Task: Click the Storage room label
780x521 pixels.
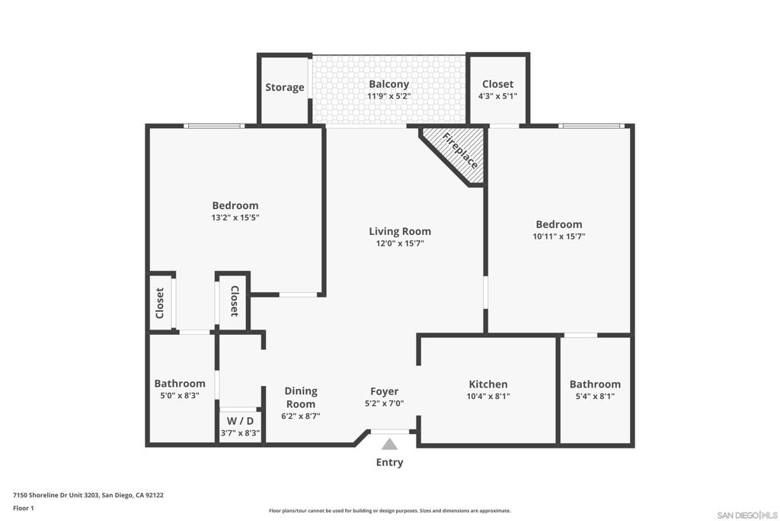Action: (x=285, y=88)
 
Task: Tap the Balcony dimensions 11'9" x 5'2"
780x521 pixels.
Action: (x=389, y=96)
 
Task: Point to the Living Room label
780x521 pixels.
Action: (x=400, y=231)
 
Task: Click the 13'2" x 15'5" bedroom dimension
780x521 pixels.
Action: (x=235, y=217)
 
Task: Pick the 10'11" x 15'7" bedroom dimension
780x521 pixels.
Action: (x=558, y=236)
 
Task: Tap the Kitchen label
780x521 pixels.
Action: (x=488, y=384)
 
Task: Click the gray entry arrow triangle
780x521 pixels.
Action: (x=389, y=444)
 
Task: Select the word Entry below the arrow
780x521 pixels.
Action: (x=389, y=462)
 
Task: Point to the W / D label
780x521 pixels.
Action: (x=240, y=421)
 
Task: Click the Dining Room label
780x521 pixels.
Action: (x=301, y=397)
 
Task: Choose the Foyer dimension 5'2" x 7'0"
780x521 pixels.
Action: (x=384, y=404)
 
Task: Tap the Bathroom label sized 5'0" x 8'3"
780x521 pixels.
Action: (x=180, y=384)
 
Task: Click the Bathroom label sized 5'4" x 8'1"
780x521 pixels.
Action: (x=595, y=384)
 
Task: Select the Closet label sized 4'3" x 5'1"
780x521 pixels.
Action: (x=497, y=84)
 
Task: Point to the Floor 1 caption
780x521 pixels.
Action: (x=24, y=508)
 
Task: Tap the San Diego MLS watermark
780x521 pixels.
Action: (x=747, y=515)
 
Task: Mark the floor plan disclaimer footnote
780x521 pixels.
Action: (x=389, y=510)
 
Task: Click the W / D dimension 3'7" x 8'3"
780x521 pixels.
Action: (x=240, y=433)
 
